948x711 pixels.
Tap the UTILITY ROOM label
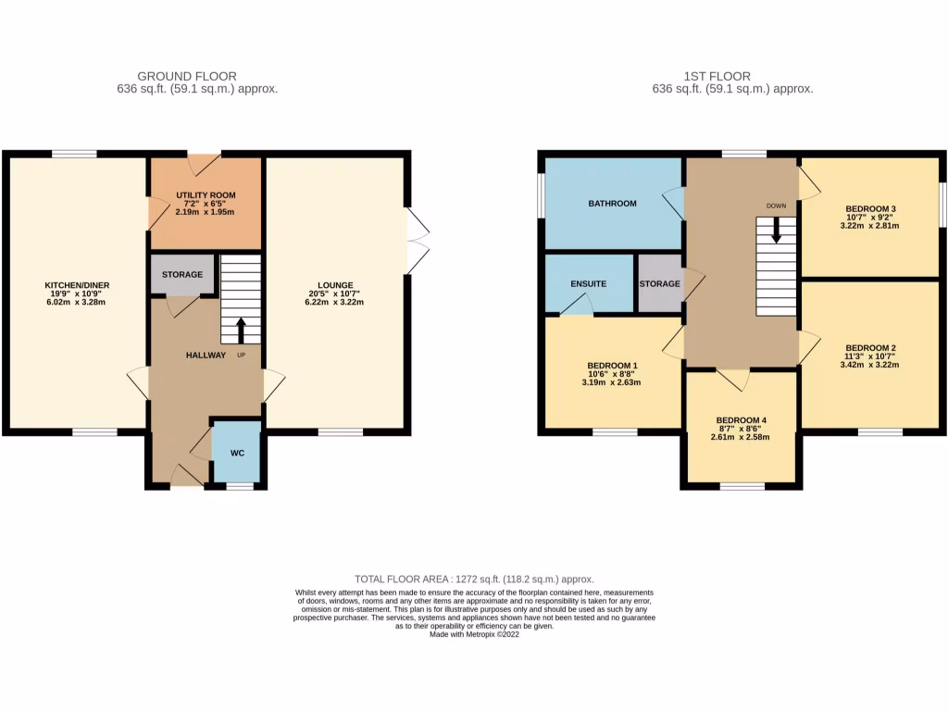pyautogui.click(x=206, y=195)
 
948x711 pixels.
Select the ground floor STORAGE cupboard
pyautogui.click(x=182, y=275)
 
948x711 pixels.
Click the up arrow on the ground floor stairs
pyautogui.click(x=242, y=330)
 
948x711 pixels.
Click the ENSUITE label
pyautogui.click(x=588, y=283)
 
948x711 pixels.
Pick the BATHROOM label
pyautogui.click(x=613, y=203)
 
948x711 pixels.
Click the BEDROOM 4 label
pyautogui.click(x=742, y=420)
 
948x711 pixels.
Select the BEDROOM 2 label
pyautogui.click(x=870, y=348)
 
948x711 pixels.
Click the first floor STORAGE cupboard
pyautogui.click(x=659, y=283)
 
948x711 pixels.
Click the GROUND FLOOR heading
pyautogui.click(x=186, y=76)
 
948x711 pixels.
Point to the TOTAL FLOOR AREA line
pyautogui.click(x=473, y=578)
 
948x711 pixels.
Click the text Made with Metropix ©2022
pyautogui.click(x=474, y=634)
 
